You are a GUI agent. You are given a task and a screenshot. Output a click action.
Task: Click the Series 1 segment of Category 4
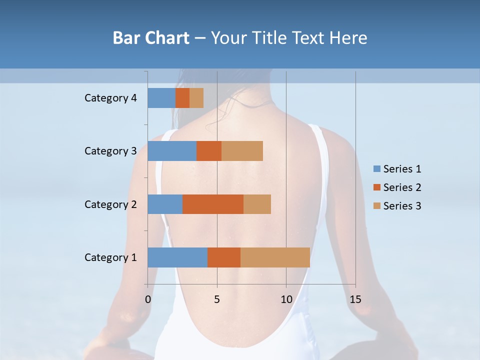point(161,98)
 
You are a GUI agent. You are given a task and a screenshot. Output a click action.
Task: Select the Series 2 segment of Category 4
point(182,98)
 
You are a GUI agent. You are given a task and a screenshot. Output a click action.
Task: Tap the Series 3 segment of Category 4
point(196,98)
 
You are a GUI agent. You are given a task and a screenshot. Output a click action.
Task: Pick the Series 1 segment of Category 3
point(172,151)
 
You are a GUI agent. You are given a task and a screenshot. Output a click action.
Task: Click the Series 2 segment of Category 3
point(209,151)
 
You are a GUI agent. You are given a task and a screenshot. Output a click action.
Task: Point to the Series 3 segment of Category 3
point(242,151)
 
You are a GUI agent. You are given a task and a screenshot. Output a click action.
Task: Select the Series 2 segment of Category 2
point(213,204)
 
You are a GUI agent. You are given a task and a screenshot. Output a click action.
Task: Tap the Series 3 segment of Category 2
point(257,204)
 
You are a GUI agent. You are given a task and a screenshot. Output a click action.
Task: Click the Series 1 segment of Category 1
point(177,257)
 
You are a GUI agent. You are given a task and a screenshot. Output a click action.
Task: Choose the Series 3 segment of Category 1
point(275,257)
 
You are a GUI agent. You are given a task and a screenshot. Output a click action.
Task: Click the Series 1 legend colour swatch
point(376,169)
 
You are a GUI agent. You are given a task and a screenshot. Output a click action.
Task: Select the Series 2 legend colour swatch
point(376,187)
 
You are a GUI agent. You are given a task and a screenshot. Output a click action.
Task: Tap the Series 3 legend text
point(402,206)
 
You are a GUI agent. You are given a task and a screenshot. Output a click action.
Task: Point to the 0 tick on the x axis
point(148,299)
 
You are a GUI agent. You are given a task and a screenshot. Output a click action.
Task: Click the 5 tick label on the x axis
point(217,299)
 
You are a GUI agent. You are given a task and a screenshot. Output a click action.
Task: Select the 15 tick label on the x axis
point(355,299)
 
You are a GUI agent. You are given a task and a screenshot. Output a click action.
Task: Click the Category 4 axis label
point(110,98)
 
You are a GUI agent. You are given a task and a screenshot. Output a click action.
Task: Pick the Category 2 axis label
point(110,204)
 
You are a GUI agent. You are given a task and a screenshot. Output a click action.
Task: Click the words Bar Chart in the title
point(150,38)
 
